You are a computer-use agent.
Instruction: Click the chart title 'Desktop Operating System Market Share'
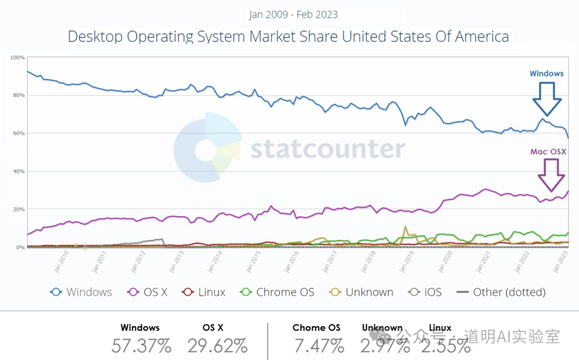click(288, 36)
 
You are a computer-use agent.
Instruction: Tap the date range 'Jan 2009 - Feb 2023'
click(293, 14)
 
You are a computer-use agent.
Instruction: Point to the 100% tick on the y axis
click(17, 57)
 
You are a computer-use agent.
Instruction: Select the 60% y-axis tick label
click(18, 133)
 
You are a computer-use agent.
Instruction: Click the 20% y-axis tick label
click(18, 209)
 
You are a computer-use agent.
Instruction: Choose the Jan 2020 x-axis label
click(444, 264)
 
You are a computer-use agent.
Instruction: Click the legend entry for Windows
click(81, 292)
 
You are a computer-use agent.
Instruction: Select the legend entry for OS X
click(148, 292)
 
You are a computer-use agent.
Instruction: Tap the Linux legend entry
click(204, 292)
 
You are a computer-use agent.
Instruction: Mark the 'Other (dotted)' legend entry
click(501, 292)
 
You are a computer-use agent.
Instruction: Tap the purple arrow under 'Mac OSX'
click(551, 175)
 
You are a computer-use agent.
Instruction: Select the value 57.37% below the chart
click(140, 346)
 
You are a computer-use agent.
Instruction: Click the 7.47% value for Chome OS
click(316, 346)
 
